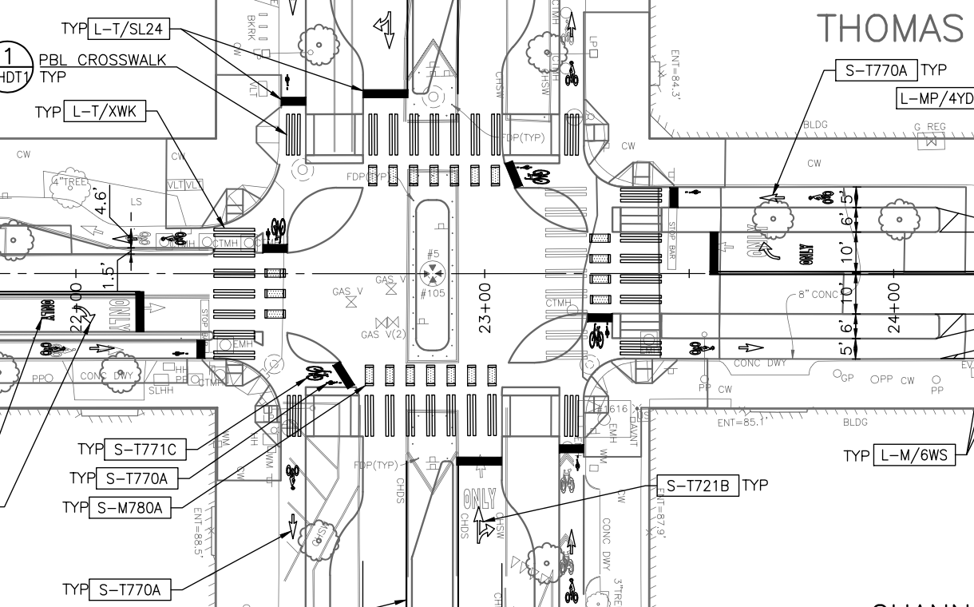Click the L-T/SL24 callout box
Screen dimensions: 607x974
coord(128,30)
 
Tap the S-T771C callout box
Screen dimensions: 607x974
coord(145,450)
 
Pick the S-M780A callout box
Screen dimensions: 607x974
coord(133,507)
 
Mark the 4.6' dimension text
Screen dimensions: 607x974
coord(101,200)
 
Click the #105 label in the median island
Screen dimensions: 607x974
coord(433,292)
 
